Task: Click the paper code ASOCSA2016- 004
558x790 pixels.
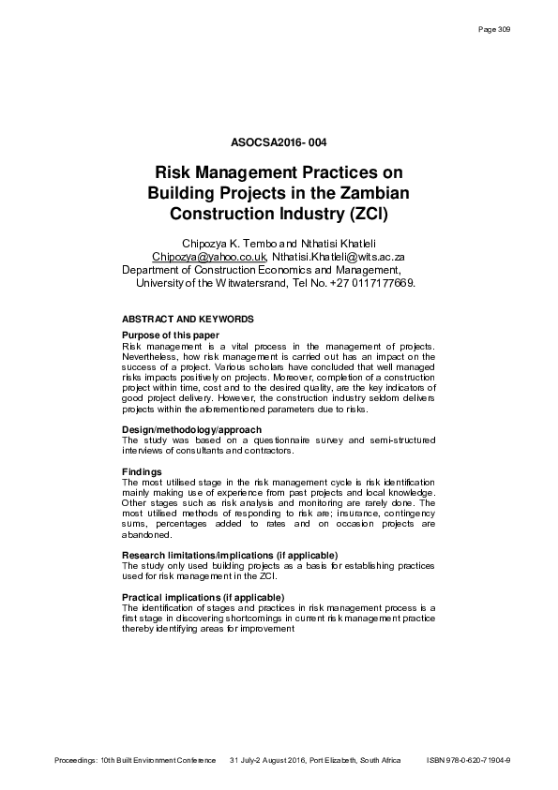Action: coord(278,143)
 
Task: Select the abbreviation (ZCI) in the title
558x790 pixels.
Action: coord(365,214)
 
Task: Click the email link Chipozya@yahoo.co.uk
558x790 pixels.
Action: coord(209,255)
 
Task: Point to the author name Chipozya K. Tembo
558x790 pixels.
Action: coord(224,243)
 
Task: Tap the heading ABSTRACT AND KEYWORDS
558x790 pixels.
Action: coord(188,319)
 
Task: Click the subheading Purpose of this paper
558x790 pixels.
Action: coord(171,335)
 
